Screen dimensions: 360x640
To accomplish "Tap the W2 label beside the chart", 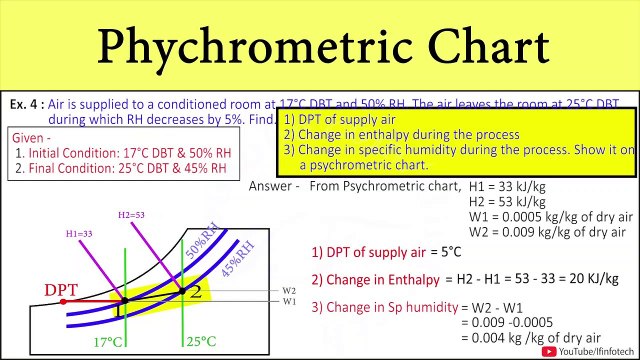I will point(289,291).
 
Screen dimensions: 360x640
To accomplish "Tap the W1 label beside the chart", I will point(289,301).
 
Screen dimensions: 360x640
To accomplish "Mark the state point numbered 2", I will point(196,291).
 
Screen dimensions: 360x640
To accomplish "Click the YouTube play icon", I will point(549,350).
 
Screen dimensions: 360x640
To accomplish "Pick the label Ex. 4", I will point(23,104).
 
